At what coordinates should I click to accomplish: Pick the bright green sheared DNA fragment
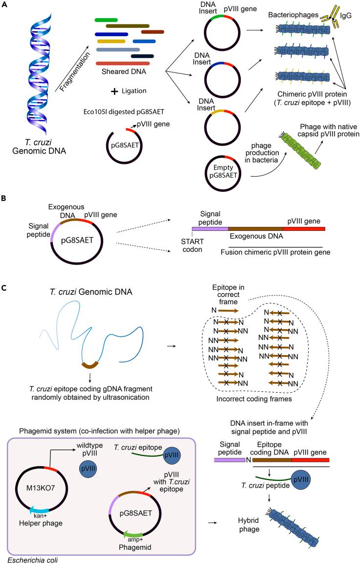106,19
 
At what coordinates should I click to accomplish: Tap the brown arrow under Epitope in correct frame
228,311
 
